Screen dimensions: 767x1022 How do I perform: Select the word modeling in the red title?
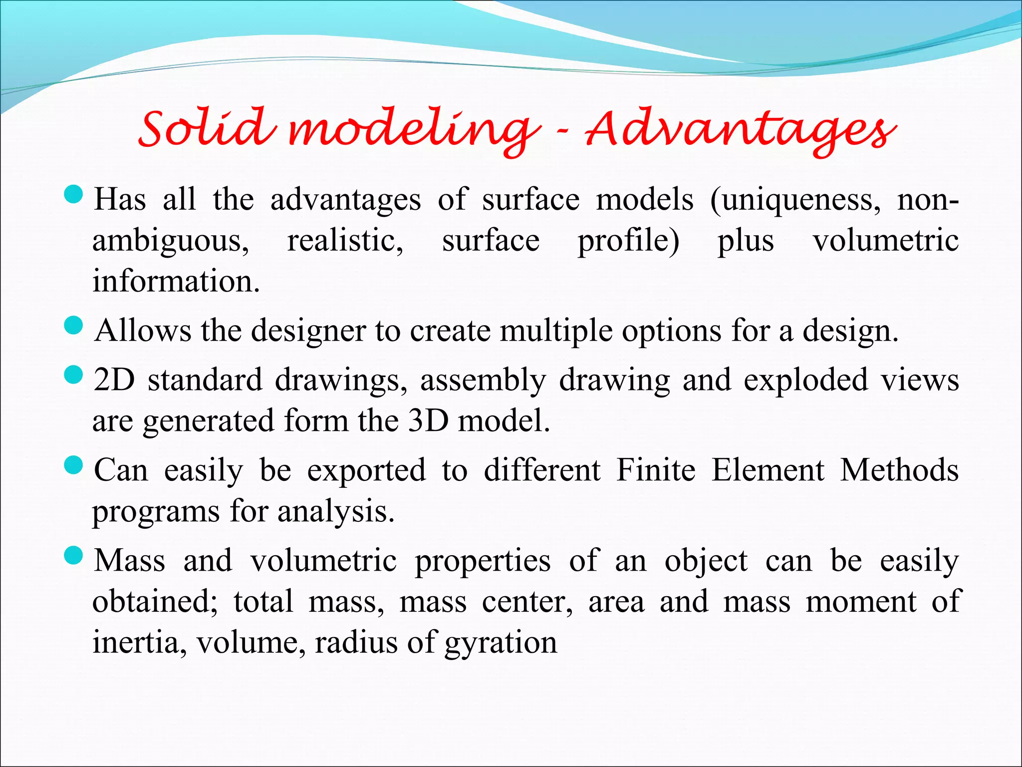414,131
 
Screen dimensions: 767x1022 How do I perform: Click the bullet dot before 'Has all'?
73,194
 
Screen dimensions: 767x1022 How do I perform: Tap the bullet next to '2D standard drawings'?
73,375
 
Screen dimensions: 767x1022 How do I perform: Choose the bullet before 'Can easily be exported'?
73,465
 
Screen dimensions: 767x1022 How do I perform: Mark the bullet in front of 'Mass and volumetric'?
73,555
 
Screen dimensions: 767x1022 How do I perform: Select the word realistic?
345,241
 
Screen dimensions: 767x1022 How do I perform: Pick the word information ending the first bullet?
176,281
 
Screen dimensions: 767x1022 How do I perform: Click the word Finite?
656,470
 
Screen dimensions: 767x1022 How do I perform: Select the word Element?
767,470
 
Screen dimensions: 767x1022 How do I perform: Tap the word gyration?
501,643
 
